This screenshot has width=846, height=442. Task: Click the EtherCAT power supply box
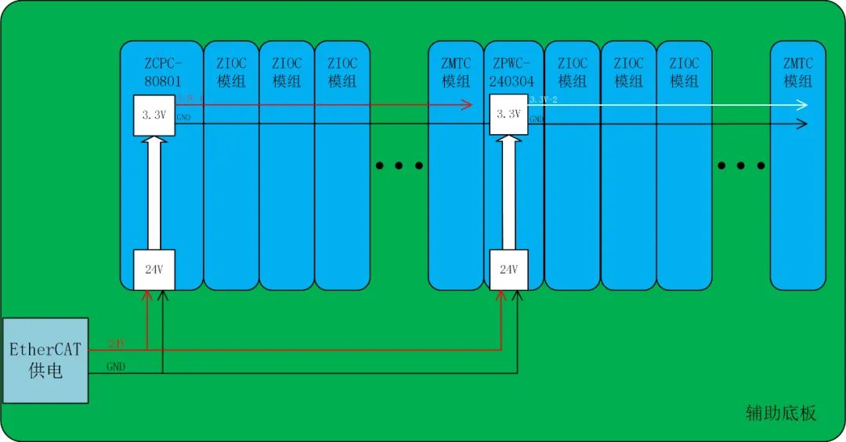pos(45,360)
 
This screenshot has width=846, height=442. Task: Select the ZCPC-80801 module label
pos(162,71)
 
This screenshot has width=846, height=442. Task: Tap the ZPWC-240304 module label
pos(514,71)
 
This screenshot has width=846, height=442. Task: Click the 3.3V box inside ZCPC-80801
pos(154,115)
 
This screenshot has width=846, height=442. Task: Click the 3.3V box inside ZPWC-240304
pos(508,114)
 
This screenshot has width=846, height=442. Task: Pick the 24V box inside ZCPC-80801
pos(154,270)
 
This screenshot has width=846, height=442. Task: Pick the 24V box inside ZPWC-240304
pos(508,270)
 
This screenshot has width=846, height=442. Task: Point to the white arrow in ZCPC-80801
pos(154,192)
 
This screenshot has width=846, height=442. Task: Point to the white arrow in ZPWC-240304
pos(508,192)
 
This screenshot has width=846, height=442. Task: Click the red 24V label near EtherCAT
pos(116,344)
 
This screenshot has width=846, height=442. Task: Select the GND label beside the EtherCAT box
pos(116,366)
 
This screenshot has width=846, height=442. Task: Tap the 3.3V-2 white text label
pos(543,100)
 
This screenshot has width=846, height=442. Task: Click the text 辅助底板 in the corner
pos(780,413)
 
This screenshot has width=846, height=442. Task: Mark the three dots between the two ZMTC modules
pos(741,165)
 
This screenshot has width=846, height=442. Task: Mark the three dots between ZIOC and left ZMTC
pos(399,165)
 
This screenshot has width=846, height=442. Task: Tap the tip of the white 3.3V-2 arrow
pos(804,105)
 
